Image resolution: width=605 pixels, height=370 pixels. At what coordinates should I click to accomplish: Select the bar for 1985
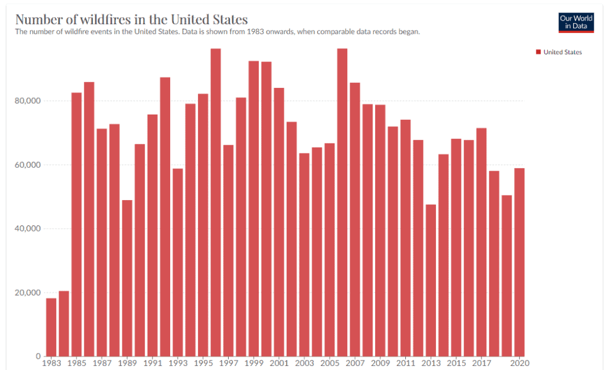point(77,224)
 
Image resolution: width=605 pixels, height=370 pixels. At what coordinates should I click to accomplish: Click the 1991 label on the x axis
point(152,363)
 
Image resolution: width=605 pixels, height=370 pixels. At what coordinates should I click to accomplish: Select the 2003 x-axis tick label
point(304,363)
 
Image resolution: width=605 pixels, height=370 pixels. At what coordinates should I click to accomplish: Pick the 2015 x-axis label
point(456,363)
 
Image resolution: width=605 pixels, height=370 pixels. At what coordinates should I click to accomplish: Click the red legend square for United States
point(538,52)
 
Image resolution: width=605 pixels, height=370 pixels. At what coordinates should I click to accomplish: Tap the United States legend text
point(562,52)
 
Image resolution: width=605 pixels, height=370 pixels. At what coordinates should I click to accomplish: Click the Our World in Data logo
point(575,22)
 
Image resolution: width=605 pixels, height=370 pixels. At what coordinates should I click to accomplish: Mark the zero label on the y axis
point(37,356)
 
